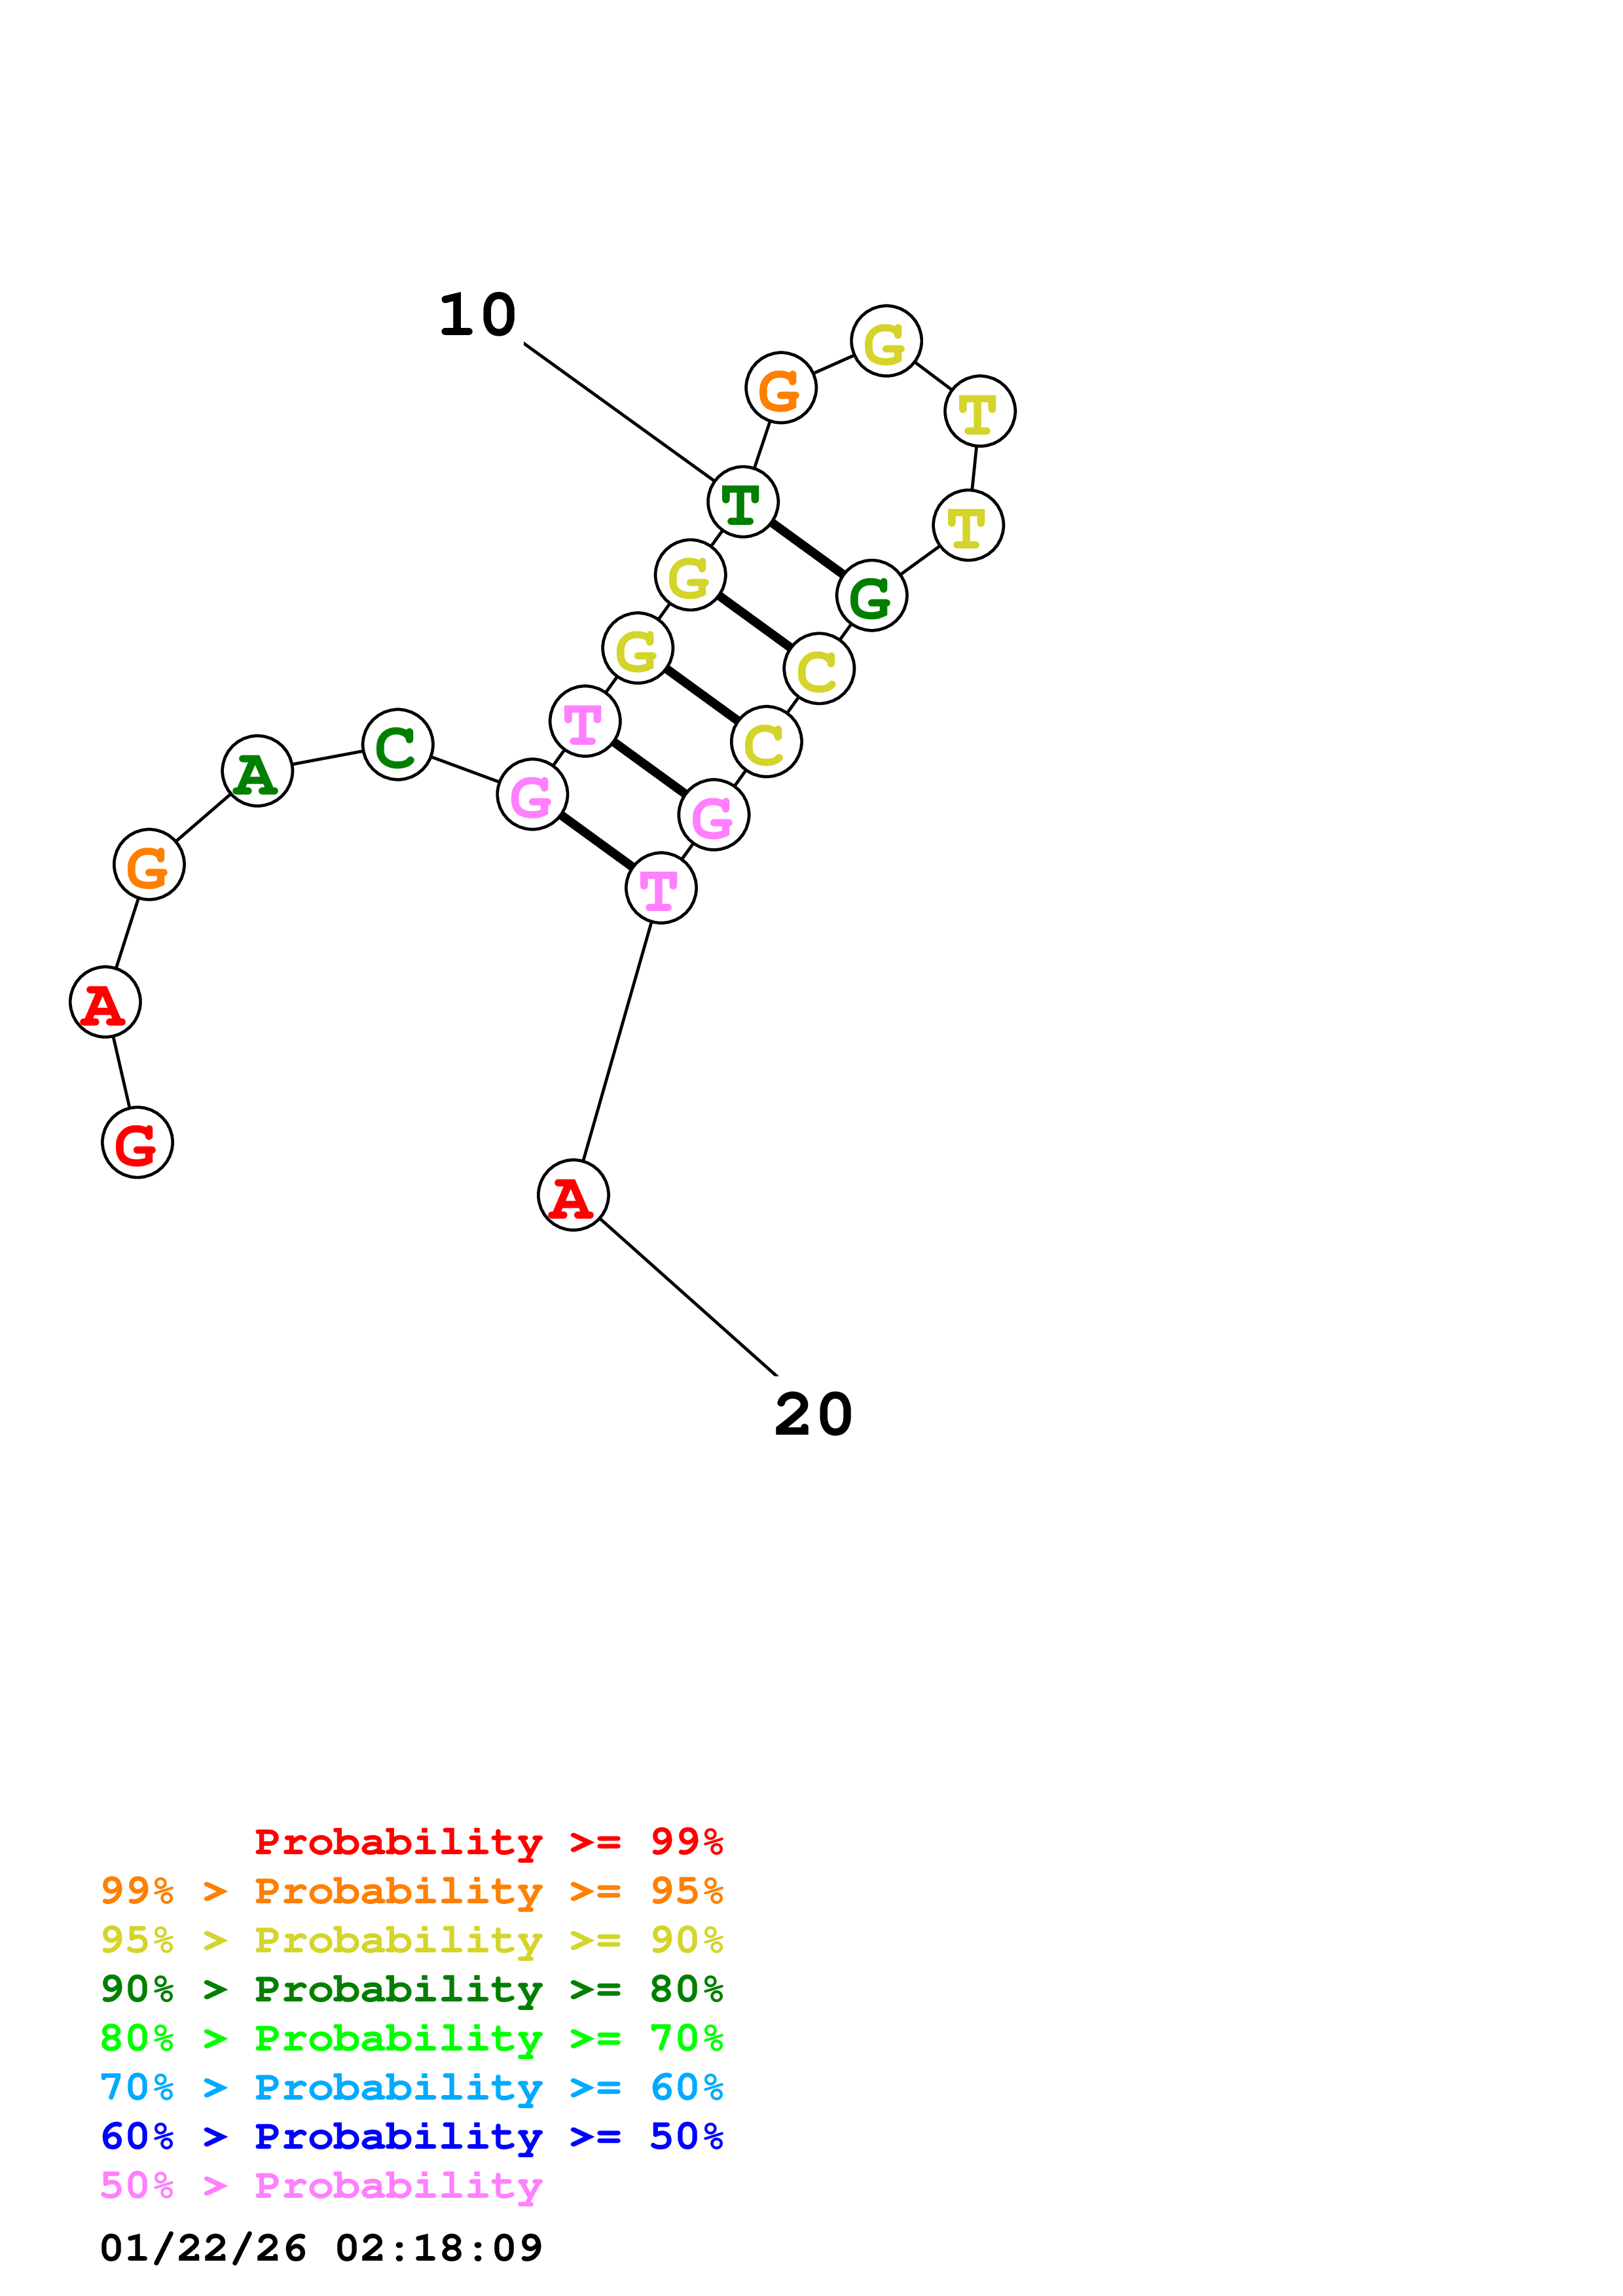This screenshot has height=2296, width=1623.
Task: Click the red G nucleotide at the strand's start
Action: (137, 1142)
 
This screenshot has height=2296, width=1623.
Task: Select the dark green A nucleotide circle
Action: (257, 771)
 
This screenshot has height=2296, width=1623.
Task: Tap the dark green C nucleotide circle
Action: (397, 745)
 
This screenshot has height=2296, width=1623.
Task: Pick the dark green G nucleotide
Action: (871, 596)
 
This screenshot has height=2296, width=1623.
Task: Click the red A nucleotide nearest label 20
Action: (573, 1195)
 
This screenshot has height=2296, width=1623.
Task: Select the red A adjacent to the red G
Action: (105, 1002)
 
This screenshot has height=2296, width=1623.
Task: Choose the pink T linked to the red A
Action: (661, 888)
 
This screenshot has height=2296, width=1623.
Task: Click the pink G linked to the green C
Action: (532, 795)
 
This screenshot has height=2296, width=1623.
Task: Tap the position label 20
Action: (813, 1415)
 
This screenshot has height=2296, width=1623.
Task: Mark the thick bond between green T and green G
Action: (807, 549)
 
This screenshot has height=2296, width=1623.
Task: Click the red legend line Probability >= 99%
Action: (488, 1842)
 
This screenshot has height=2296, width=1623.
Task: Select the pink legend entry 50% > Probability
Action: (321, 2186)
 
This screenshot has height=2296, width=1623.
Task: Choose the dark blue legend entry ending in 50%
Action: (411, 2137)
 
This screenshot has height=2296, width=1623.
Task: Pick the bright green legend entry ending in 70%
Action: (411, 2038)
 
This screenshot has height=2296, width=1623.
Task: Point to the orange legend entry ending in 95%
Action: (411, 1891)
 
